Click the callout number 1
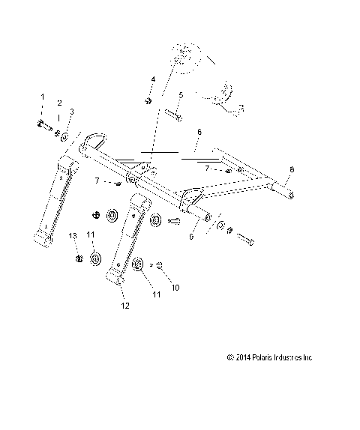(x=43, y=97)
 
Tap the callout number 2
(x=60, y=103)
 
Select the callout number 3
(x=71, y=112)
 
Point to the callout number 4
(x=152, y=79)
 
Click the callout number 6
(x=199, y=131)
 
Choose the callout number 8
(x=292, y=169)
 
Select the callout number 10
(x=176, y=287)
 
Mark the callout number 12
(x=125, y=306)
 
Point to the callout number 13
(x=73, y=235)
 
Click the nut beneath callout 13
(x=79, y=258)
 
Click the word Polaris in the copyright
(x=257, y=357)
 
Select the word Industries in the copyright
(x=285, y=357)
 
